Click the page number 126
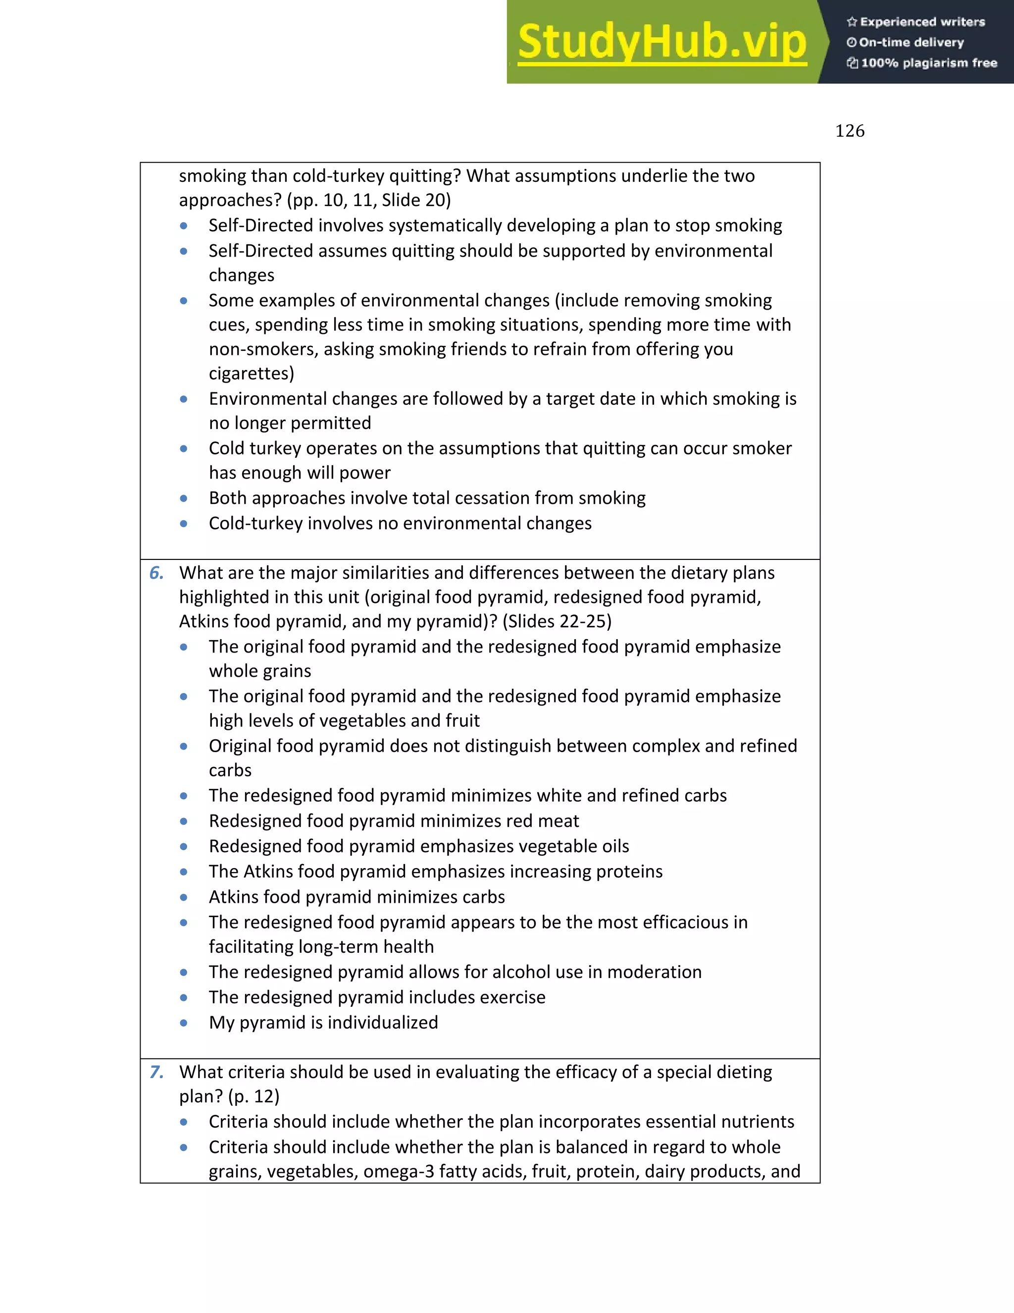pyautogui.click(x=850, y=131)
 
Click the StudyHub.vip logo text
pyautogui.click(x=661, y=42)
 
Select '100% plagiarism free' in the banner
pyautogui.click(x=929, y=63)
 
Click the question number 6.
pyautogui.click(x=156, y=573)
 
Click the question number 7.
pyautogui.click(x=156, y=1072)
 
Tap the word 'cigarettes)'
pyautogui.click(x=252, y=374)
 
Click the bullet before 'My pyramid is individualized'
pyautogui.click(x=184, y=1023)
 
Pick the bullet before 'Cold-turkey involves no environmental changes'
pyautogui.click(x=184, y=524)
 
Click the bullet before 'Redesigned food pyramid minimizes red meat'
pyautogui.click(x=184, y=821)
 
